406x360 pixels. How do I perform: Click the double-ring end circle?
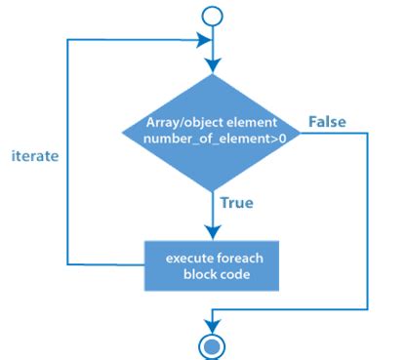pyautogui.click(x=211, y=344)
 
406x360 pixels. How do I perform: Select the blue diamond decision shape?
pyautogui.click(x=211, y=137)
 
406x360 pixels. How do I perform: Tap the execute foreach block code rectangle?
pyautogui.click(x=211, y=264)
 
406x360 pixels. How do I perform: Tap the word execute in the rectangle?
pyautogui.click(x=186, y=257)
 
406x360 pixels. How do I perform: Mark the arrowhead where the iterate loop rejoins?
pyautogui.click(x=204, y=40)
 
